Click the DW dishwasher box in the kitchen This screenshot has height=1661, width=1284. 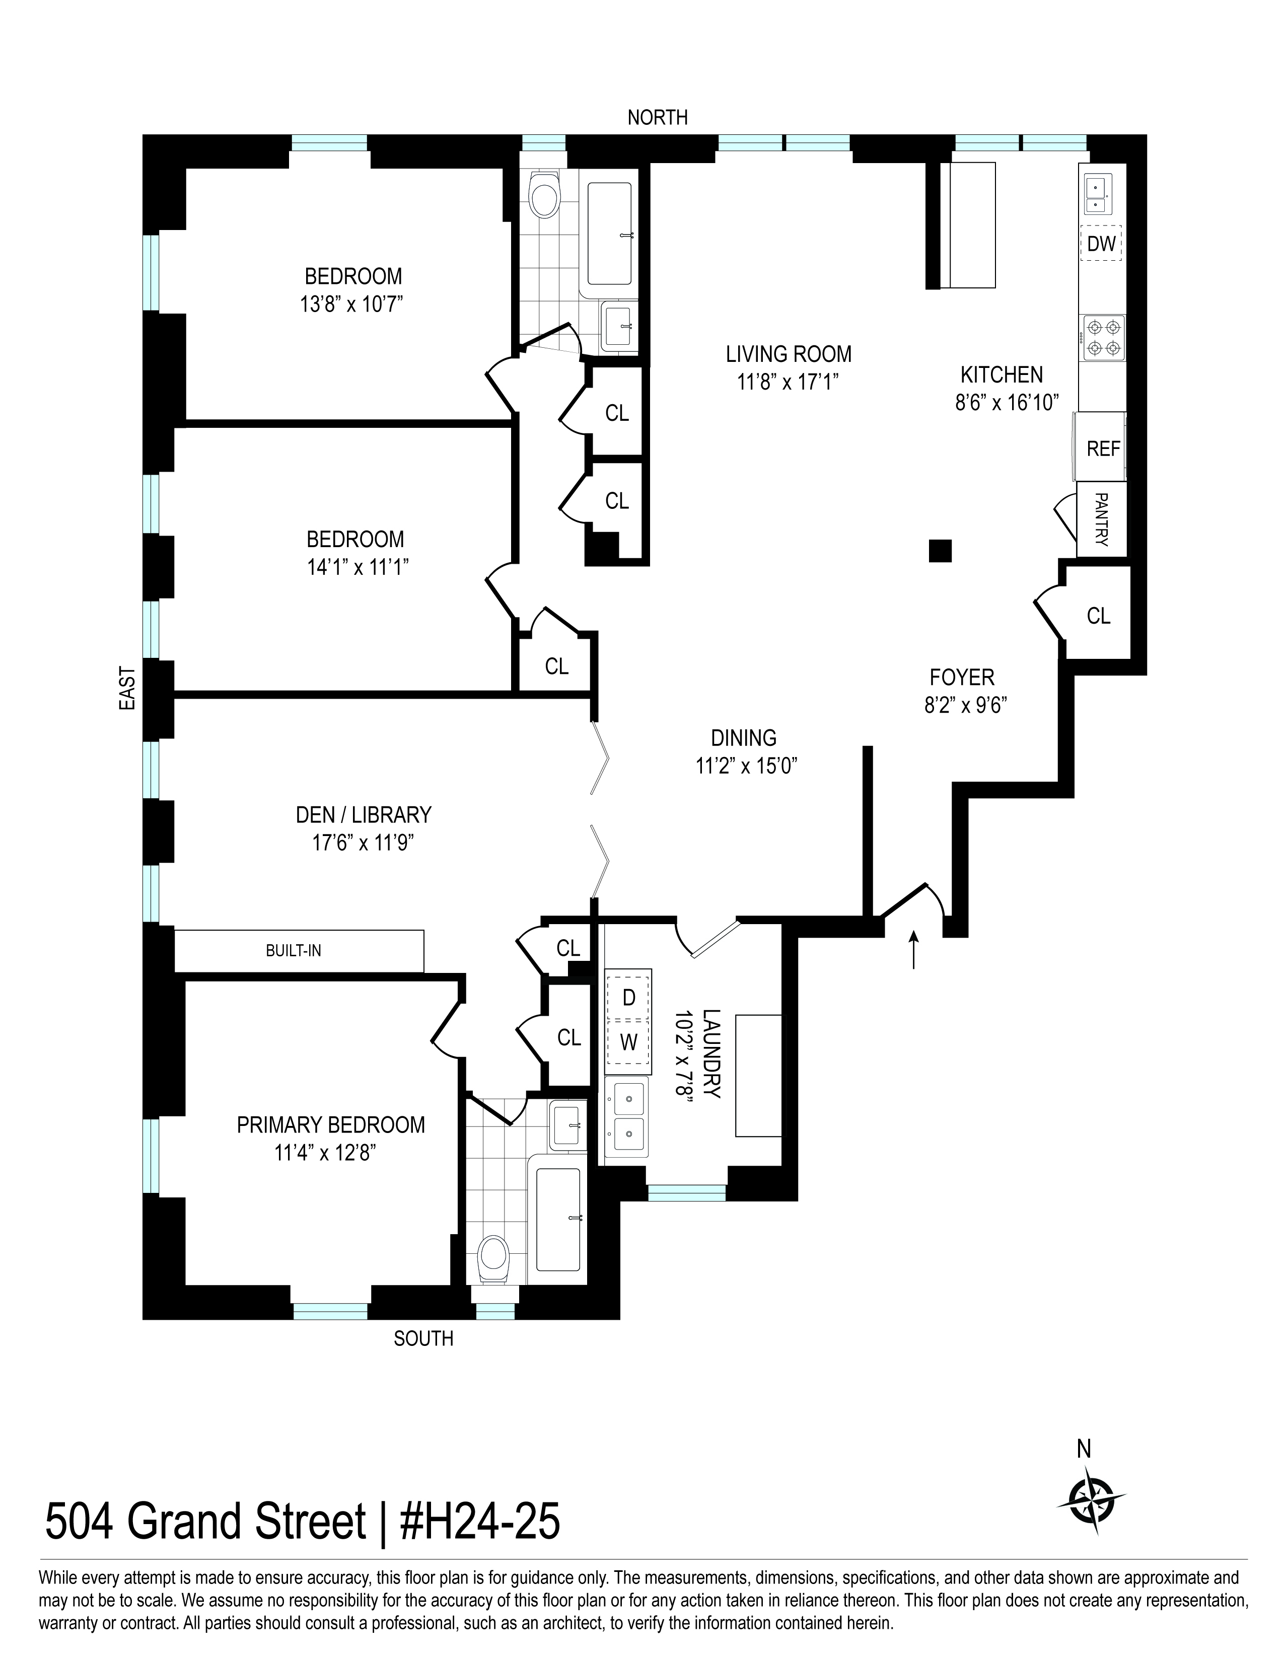point(1101,244)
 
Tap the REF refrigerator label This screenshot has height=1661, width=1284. point(1103,448)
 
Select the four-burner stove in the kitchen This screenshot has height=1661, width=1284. point(1103,338)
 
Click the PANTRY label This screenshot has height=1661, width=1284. point(1101,519)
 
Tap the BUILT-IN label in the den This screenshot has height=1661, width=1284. point(293,951)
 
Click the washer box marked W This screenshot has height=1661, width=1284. point(628,1042)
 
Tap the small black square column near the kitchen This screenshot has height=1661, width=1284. point(940,550)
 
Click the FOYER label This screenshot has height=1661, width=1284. point(961,677)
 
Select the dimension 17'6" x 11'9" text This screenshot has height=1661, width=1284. point(363,843)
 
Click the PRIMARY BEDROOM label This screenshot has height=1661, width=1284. point(331,1125)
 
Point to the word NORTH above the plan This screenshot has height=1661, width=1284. point(657,117)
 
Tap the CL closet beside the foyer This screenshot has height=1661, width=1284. point(1098,615)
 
